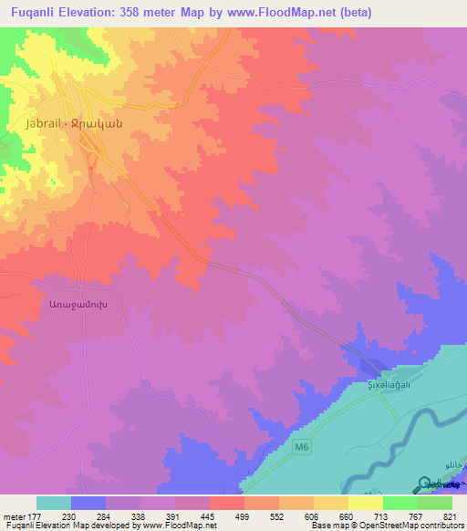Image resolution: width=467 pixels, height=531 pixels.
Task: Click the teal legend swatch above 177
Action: tap(53, 503)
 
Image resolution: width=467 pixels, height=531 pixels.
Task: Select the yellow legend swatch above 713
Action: tap(365, 503)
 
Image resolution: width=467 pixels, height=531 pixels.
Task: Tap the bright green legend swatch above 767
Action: tap(400, 503)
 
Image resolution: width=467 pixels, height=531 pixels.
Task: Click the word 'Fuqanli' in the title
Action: tap(30, 10)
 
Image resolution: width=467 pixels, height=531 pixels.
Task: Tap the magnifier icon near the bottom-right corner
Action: tap(426, 485)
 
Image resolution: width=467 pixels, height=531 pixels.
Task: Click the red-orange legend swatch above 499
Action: tap(226, 503)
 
